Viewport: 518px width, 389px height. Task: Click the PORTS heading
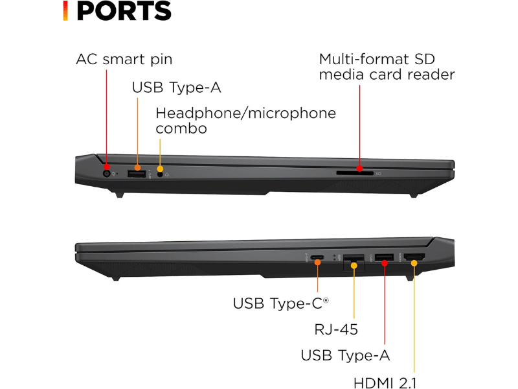coord(124,11)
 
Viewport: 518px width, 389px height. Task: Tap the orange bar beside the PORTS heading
coord(65,11)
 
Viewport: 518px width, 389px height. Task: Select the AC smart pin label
coord(124,60)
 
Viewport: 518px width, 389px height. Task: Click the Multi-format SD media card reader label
coord(387,67)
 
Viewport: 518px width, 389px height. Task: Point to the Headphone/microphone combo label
coord(246,121)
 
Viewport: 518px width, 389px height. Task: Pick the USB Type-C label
coord(281,303)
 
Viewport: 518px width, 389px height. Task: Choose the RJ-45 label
coord(336,329)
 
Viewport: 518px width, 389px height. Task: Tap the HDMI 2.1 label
coord(385,383)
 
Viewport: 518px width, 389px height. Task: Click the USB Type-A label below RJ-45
coord(345,355)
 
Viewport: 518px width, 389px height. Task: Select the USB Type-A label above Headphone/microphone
coord(176,88)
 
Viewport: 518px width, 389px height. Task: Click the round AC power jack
coord(106,174)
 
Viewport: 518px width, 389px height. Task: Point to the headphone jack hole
coord(160,174)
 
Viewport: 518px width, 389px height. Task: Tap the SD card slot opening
coord(355,173)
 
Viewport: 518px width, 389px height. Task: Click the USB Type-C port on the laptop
coord(317,257)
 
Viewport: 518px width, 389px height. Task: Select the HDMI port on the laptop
coord(414,257)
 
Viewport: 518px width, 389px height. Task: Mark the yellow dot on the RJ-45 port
coord(354,265)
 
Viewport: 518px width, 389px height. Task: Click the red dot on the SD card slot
coord(359,169)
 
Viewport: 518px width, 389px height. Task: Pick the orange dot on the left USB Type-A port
coord(137,168)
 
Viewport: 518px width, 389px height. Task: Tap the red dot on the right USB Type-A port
coord(384,263)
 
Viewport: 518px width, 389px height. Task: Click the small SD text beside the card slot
coord(379,174)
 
